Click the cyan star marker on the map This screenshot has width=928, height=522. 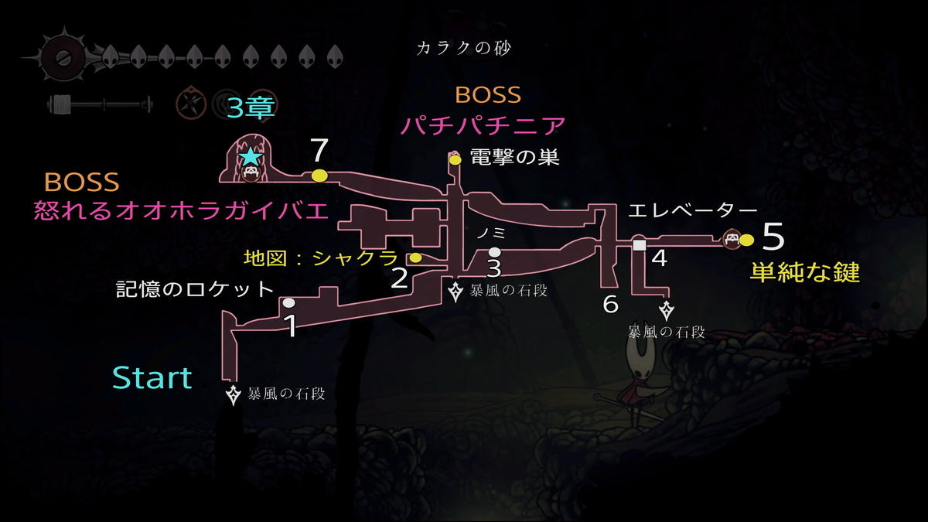tap(251, 157)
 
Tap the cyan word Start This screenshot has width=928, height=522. tap(152, 378)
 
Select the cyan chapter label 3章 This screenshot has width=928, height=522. tap(251, 107)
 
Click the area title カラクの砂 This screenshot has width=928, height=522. tap(463, 49)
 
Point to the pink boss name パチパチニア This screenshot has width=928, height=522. tap(483, 125)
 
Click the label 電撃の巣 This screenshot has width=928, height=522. tap(515, 158)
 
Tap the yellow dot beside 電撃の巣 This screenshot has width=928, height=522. tap(455, 160)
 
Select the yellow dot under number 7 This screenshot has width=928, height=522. tap(319, 176)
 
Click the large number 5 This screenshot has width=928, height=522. tap(773, 237)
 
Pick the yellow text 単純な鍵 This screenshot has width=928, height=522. tap(805, 272)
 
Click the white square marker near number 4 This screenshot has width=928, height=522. tap(640, 245)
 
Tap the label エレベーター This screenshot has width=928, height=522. tap(693, 210)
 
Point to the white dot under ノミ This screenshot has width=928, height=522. tap(495, 251)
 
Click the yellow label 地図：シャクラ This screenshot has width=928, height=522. tap(321, 258)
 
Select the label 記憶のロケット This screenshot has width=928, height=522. tap(195, 289)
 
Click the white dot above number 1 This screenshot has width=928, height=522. tap(288, 303)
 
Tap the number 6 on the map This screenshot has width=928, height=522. tap(610, 305)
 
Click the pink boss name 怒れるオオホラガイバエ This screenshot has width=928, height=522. tap(182, 210)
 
